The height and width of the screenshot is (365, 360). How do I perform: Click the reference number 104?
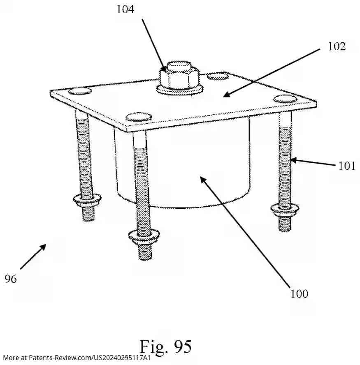pos(125,9)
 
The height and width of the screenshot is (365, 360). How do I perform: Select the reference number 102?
pos(337,46)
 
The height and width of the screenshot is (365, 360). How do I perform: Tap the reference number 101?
pos(347,166)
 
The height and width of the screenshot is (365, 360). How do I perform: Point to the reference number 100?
pos(299,293)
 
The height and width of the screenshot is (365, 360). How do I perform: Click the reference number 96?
pos(11,279)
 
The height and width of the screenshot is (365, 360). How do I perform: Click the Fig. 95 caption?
pos(165,346)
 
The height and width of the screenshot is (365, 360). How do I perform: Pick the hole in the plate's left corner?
pos(80,91)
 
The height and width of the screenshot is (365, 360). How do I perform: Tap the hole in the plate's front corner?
pos(138,117)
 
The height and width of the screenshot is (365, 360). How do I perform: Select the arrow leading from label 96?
pos(33,257)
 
